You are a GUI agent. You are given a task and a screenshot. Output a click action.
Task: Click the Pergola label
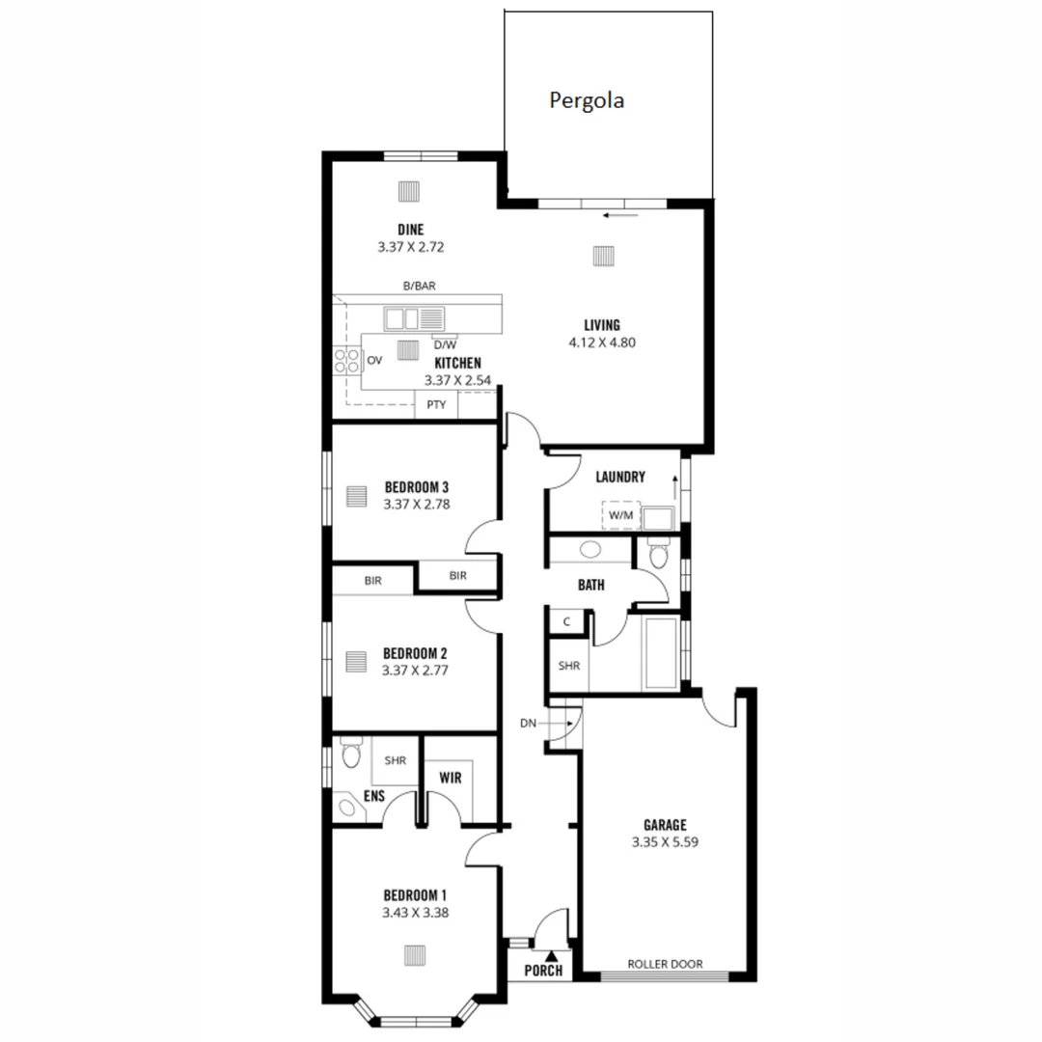[x=587, y=100]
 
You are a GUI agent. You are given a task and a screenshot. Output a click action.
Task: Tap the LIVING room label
[x=602, y=325]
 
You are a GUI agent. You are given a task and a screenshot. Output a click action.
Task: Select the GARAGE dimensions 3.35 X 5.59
[x=665, y=842]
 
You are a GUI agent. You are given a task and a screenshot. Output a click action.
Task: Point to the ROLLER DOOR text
[x=665, y=964]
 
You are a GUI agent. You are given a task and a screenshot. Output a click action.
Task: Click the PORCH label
[x=543, y=971]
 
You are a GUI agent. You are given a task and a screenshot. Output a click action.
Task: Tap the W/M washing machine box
[x=620, y=515]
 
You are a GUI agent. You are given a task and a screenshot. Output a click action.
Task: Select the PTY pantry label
[x=436, y=405]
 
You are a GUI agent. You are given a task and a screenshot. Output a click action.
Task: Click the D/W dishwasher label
[x=445, y=344]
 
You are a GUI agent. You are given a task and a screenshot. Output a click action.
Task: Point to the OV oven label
[x=374, y=361]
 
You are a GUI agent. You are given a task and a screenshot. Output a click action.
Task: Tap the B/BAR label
[x=420, y=287]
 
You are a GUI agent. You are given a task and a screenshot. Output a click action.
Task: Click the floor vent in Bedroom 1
[x=415, y=954]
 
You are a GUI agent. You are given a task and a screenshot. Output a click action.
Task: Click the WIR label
[x=451, y=777]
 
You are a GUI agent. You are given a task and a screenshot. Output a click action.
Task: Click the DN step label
[x=528, y=723]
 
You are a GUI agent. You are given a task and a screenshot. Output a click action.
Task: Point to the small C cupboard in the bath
[x=566, y=622]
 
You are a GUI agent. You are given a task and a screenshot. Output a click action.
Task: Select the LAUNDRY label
[x=620, y=477]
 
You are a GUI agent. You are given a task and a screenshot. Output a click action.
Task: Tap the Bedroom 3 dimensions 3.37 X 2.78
[x=417, y=503]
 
